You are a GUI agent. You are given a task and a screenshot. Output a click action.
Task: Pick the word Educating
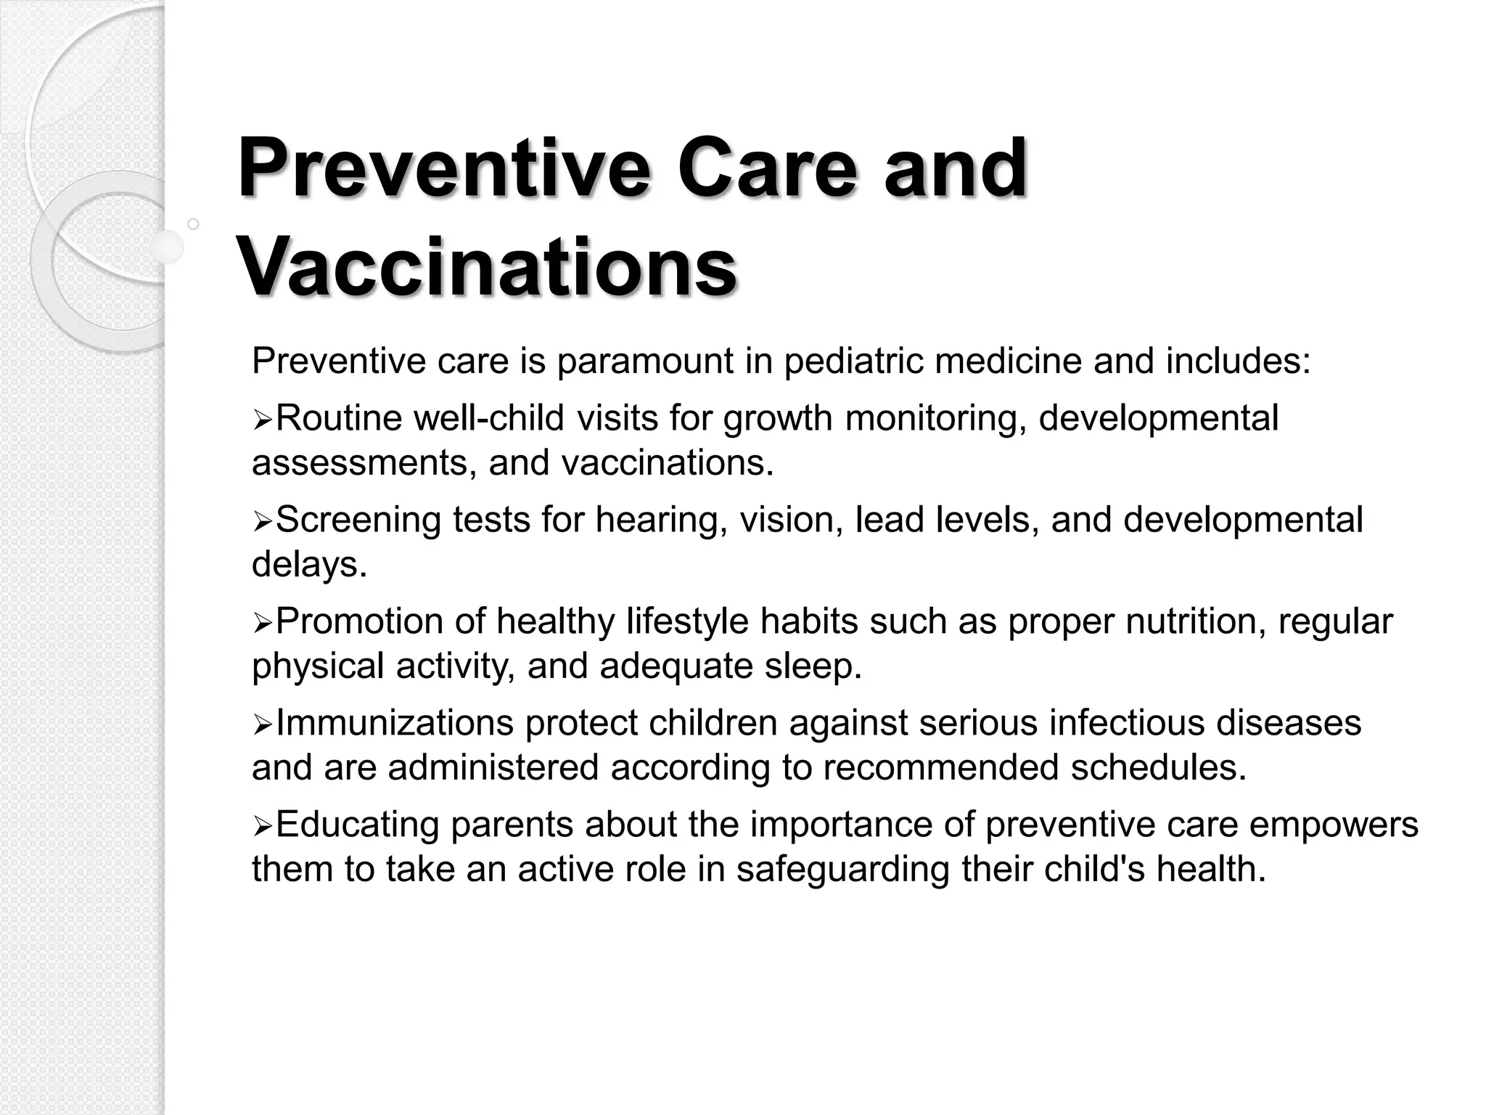[x=358, y=825]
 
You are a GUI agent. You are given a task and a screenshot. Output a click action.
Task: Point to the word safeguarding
[x=842, y=870]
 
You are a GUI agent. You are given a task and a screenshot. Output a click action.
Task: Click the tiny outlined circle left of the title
[x=193, y=224]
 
